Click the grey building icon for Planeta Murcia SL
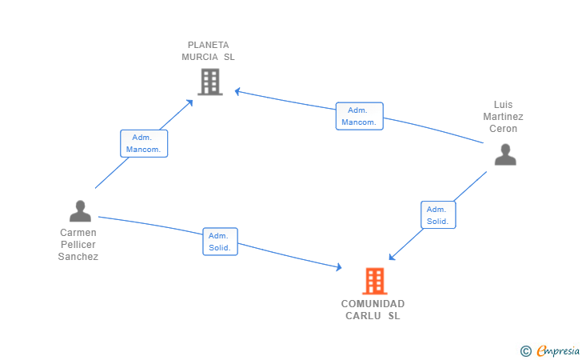coord(210,82)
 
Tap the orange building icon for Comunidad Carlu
coord(375,281)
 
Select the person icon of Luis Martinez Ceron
coord(505,154)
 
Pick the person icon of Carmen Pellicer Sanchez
coord(80,211)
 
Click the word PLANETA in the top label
coord(208,45)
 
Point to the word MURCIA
coord(200,57)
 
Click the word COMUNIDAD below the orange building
coord(373,304)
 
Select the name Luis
coord(503,104)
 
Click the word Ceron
coord(503,129)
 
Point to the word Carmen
coord(78,233)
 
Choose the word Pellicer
coord(78,245)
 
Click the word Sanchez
coord(78,257)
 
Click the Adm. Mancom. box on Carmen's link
coord(144,143)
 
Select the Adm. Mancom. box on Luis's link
coord(359,116)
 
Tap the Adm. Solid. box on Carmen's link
coord(220,242)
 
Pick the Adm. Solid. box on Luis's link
coord(438,214)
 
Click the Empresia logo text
coord(558,350)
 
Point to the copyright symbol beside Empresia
coord(525,351)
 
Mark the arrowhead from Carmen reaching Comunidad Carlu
coord(339,266)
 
